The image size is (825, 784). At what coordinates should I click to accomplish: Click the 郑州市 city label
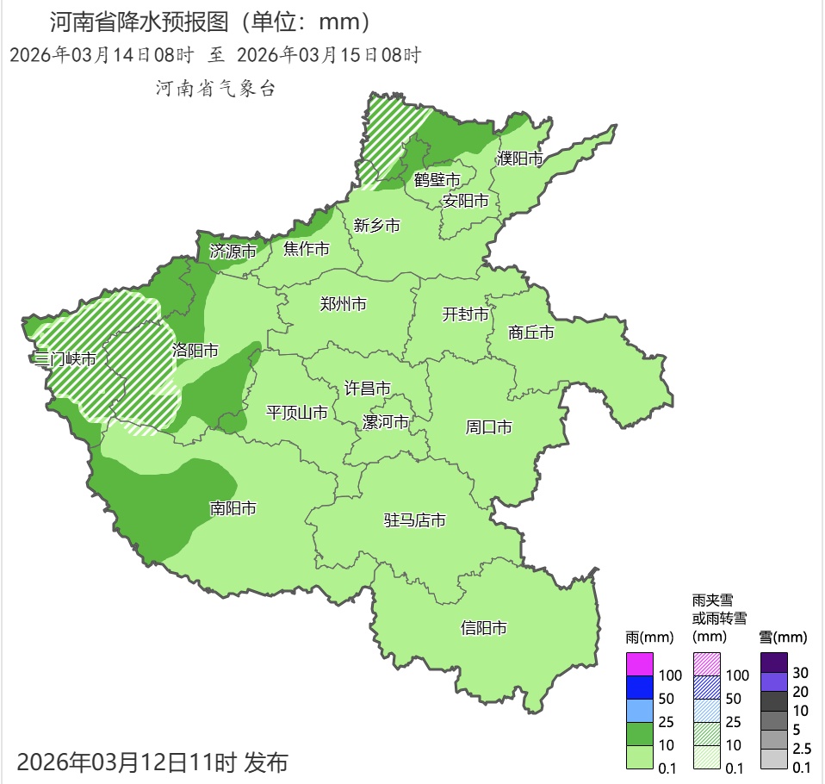(x=343, y=304)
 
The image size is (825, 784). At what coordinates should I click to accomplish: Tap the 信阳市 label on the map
(x=484, y=628)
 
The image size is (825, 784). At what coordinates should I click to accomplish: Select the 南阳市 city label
(x=233, y=509)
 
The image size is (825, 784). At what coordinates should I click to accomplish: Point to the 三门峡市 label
(x=62, y=358)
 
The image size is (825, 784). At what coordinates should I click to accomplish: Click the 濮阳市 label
(x=520, y=159)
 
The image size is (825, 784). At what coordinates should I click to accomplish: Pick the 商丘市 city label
(x=531, y=333)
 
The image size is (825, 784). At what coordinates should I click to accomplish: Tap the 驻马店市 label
(x=415, y=520)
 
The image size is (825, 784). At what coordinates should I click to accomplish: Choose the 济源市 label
(x=233, y=252)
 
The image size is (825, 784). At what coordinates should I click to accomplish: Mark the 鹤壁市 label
(x=437, y=180)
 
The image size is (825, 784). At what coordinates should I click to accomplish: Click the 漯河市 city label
(x=385, y=422)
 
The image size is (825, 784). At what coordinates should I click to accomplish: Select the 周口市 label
(x=489, y=427)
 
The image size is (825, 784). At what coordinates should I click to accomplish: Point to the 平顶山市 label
(x=297, y=413)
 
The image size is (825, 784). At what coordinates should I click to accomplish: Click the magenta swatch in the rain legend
(x=639, y=664)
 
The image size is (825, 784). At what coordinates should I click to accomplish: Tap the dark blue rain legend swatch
(x=639, y=688)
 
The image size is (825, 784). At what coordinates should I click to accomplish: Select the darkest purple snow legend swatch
(x=774, y=662)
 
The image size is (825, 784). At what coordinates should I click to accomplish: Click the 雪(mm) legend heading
(x=783, y=638)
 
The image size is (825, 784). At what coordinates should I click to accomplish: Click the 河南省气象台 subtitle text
(x=215, y=88)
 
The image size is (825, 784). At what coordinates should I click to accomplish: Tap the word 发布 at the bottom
(x=266, y=762)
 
